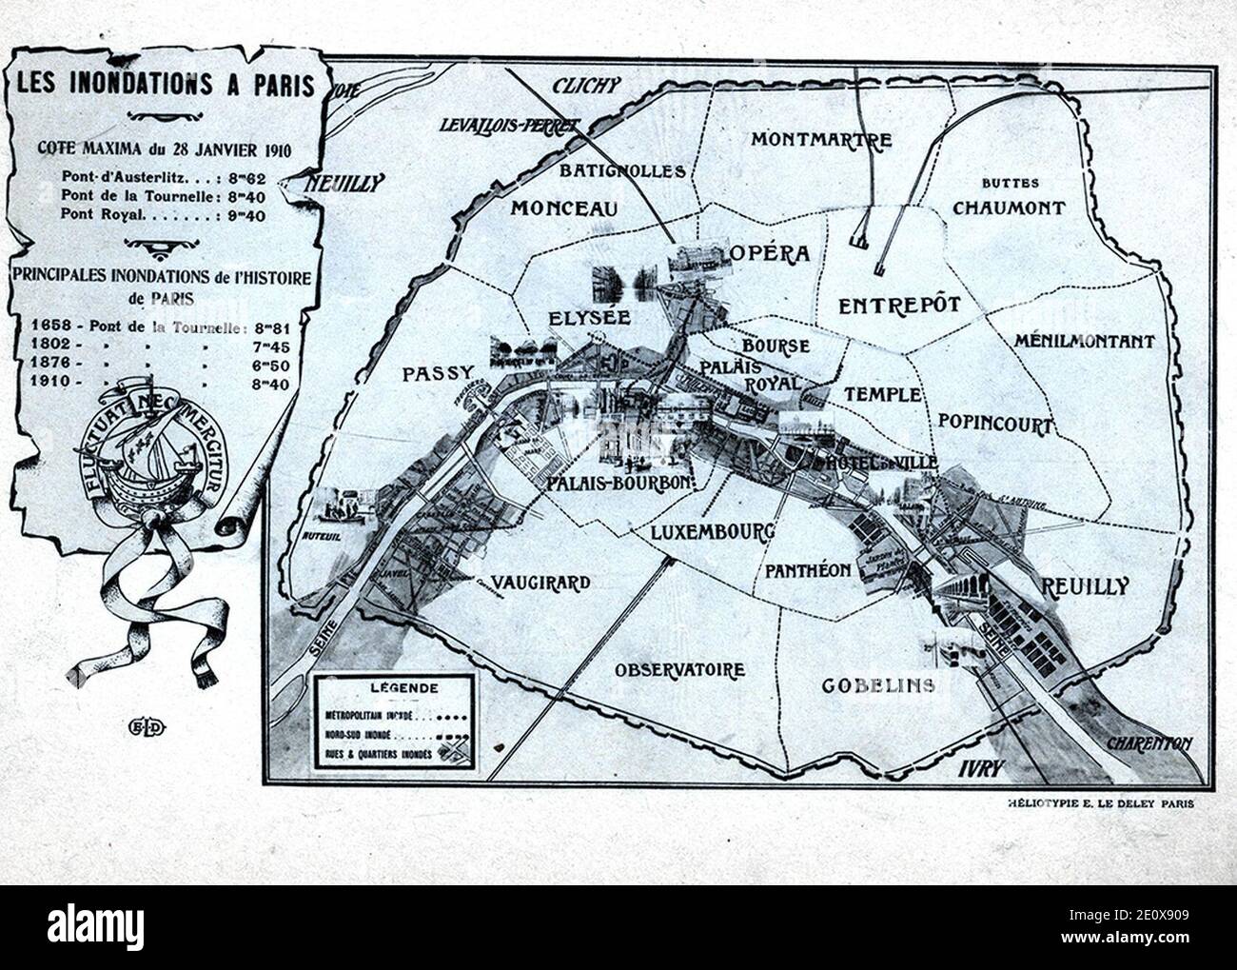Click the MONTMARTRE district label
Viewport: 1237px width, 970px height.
(821, 140)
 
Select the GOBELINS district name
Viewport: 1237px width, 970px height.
(878, 685)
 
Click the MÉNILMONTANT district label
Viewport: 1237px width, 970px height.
(1084, 341)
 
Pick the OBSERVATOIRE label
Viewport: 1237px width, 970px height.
(678, 670)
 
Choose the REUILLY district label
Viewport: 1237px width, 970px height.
(1086, 585)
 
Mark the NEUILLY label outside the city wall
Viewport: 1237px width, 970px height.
(344, 183)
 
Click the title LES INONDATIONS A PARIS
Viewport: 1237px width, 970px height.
(166, 85)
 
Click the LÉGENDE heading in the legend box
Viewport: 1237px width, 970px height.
(393, 687)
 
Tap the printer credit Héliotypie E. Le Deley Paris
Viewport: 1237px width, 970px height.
(1100, 802)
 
